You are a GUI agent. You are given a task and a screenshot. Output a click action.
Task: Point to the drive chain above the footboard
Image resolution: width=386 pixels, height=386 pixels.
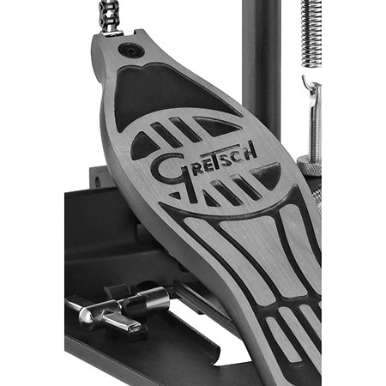108,15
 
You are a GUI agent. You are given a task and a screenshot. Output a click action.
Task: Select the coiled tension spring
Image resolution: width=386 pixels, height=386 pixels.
311,33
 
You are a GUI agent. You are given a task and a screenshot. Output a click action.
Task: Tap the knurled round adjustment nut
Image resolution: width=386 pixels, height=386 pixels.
309,166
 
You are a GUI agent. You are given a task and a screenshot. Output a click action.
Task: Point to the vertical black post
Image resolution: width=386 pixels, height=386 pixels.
262,57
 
